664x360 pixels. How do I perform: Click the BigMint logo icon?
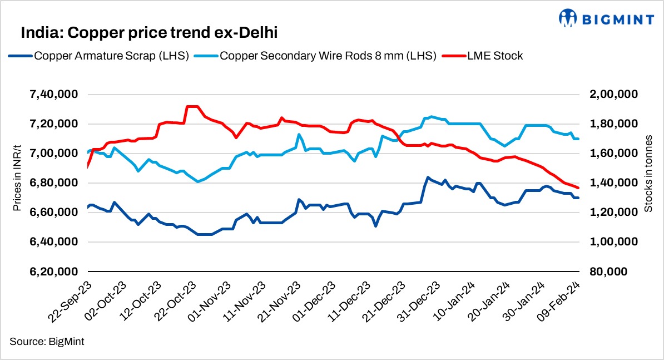tap(568, 18)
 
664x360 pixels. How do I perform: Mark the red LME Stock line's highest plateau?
tap(192, 106)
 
